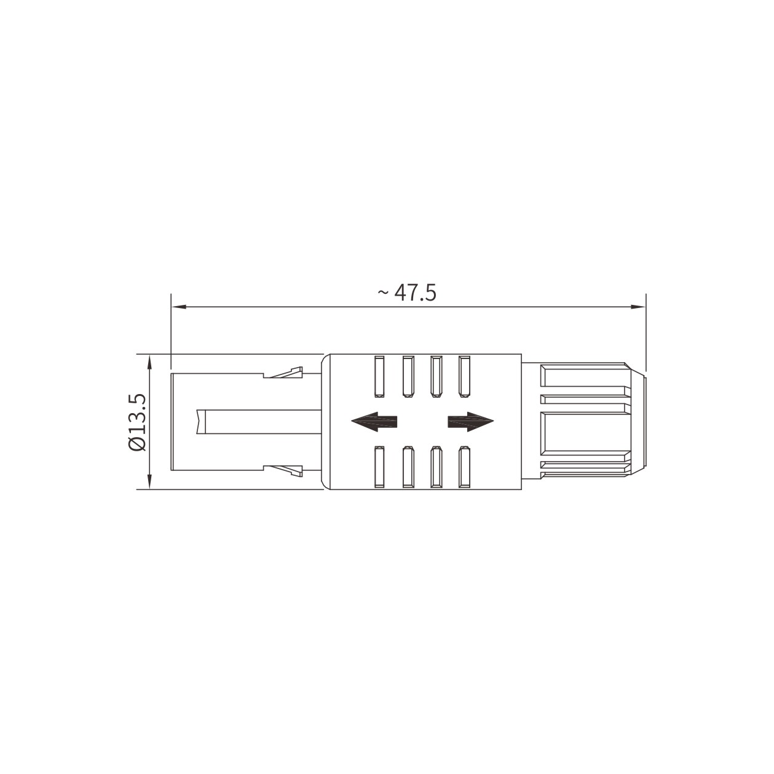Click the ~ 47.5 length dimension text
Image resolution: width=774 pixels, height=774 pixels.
pyautogui.click(x=406, y=293)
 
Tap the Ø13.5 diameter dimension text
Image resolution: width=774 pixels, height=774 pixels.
pyautogui.click(x=138, y=422)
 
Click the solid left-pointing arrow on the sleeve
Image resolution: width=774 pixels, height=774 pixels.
pyautogui.click(x=374, y=422)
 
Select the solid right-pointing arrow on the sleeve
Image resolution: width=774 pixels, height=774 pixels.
pyautogui.click(x=471, y=422)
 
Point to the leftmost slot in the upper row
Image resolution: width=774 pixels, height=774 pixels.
pyautogui.click(x=379, y=376)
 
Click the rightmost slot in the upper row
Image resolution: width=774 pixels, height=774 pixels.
pyautogui.click(x=464, y=376)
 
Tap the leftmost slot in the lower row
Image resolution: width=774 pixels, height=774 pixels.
pyautogui.click(x=379, y=467)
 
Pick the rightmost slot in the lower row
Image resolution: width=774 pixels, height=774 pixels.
pyautogui.click(x=464, y=467)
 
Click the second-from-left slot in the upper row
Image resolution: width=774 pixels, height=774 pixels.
pyautogui.click(x=408, y=376)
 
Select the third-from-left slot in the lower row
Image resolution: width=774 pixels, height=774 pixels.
pyautogui.click(x=436, y=467)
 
